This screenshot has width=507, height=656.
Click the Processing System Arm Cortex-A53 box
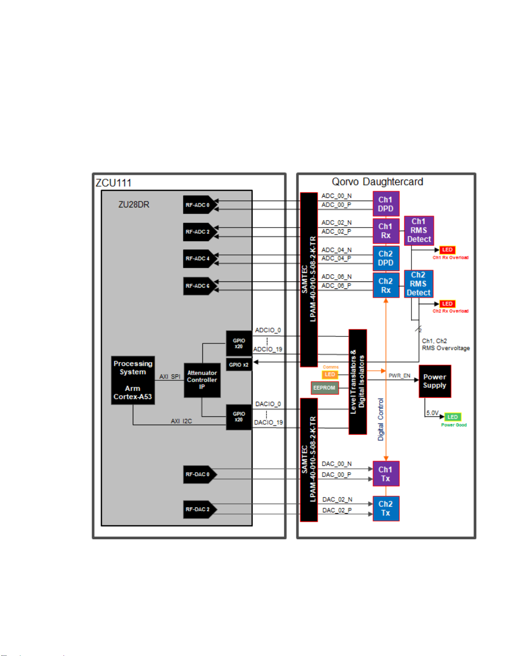(133, 380)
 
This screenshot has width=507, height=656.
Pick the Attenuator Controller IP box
(202, 380)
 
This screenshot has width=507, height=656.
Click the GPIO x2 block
(239, 365)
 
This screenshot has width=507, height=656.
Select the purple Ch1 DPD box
(386, 204)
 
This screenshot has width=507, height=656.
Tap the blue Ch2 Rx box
(386, 286)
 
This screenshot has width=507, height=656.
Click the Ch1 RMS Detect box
(419, 231)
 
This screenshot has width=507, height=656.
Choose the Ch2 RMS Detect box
(418, 284)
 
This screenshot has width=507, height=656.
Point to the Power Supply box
(435, 381)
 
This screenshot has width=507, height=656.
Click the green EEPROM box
(324, 388)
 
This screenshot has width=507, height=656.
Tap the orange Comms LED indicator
(330, 375)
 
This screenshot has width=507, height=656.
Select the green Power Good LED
(453, 417)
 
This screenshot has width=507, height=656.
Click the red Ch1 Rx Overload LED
(447, 250)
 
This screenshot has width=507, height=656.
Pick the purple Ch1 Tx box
(386, 474)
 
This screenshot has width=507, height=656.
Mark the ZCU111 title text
(113, 183)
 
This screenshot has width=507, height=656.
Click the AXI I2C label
(181, 421)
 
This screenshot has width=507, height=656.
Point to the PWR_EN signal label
(399, 376)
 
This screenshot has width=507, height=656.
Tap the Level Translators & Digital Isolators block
(358, 382)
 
